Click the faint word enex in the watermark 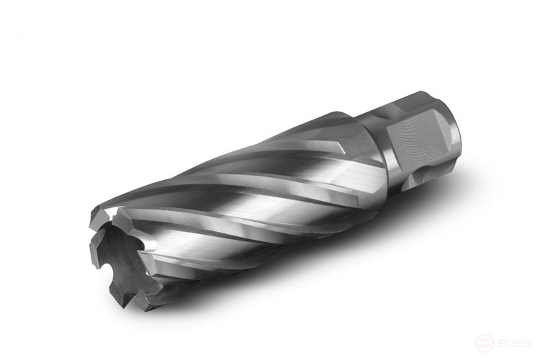(514, 343)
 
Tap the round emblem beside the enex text (485, 343)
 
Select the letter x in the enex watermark (526, 343)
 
